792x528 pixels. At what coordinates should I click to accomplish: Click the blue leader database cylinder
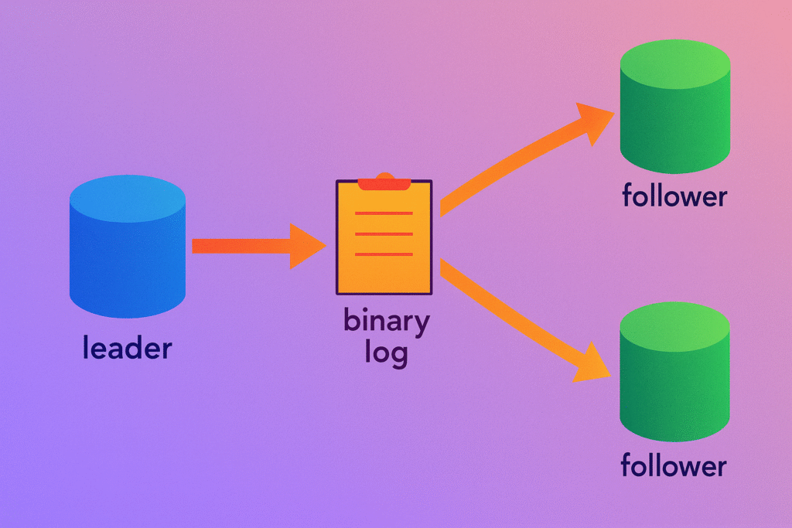tap(128, 255)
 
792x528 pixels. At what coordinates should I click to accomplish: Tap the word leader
tap(127, 349)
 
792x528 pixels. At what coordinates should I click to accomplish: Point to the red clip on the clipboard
tap(384, 182)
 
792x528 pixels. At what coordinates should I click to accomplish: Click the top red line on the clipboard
tap(384, 213)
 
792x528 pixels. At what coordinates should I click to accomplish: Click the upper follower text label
tap(674, 196)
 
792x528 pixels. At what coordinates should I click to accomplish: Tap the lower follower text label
tap(674, 466)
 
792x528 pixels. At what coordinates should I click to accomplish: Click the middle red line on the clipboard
tap(384, 233)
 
